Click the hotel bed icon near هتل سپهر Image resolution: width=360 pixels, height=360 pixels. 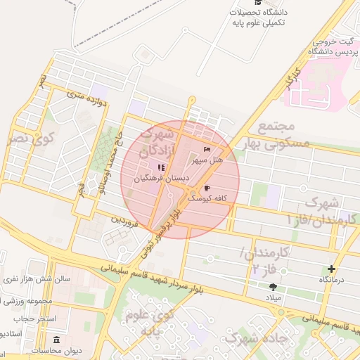(x=207, y=149)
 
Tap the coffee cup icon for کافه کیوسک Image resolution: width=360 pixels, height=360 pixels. (x=207, y=188)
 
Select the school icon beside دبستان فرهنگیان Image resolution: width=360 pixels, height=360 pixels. (x=160, y=167)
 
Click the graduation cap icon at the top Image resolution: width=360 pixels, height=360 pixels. (x=257, y=12)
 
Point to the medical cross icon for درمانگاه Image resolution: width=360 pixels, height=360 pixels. (x=332, y=269)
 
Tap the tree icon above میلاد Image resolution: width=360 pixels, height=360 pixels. (x=273, y=286)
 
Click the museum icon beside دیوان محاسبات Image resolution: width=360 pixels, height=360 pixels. (x=57, y=340)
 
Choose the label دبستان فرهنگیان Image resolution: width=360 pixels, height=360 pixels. (x=161, y=179)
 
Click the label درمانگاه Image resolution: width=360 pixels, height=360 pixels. (x=333, y=280)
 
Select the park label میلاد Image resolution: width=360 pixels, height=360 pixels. (x=272, y=298)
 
